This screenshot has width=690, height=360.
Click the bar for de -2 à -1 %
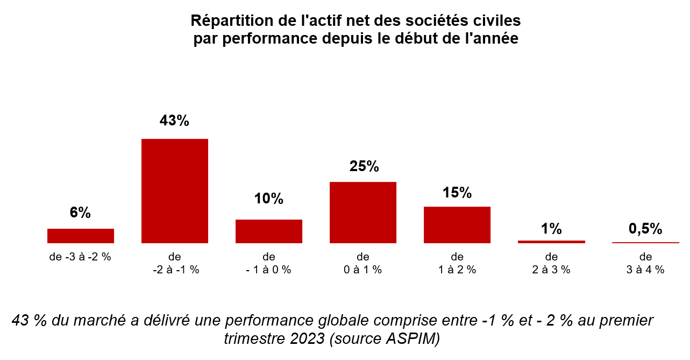[175, 191]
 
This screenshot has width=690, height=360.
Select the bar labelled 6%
[81, 236]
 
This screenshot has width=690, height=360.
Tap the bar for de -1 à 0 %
[269, 231]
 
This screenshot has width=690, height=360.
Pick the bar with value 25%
[363, 213]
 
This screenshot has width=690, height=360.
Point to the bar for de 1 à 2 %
[457, 225]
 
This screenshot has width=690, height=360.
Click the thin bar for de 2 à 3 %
[551, 242]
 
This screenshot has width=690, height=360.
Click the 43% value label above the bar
[174, 121]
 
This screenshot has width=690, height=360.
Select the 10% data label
[269, 199]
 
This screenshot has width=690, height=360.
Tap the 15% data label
[457, 193]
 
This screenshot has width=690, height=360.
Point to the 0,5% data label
[645, 229]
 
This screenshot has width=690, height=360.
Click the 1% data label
[551, 229]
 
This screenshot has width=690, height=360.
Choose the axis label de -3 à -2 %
[80, 257]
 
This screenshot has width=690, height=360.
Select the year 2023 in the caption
[306, 339]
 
